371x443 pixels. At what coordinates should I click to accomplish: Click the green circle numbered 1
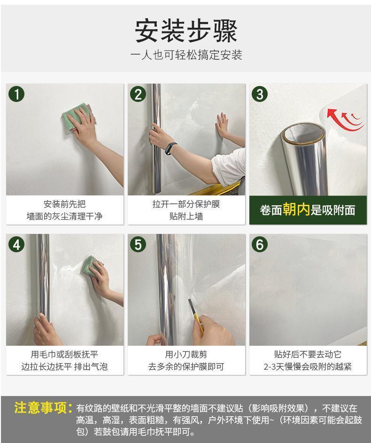pyautogui.click(x=16, y=94)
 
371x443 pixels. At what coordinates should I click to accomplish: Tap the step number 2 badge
pyautogui.click(x=138, y=94)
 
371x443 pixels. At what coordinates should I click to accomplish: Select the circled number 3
pyautogui.click(x=260, y=94)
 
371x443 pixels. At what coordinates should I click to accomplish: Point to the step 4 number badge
pyautogui.click(x=16, y=244)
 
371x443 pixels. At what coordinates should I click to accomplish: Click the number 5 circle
pyautogui.click(x=138, y=244)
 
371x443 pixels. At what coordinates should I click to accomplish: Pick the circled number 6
pyautogui.click(x=260, y=244)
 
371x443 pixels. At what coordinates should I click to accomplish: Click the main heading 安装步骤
pyautogui.click(x=186, y=31)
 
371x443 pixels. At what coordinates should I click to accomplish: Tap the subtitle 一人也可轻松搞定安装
pyautogui.click(x=186, y=55)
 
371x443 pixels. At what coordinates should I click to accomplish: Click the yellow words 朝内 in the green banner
pyautogui.click(x=296, y=210)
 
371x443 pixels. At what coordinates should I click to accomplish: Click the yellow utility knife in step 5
pyautogui.click(x=196, y=317)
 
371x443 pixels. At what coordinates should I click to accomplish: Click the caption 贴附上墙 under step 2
pyautogui.click(x=186, y=217)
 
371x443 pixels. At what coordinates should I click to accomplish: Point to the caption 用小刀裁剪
pyautogui.click(x=186, y=354)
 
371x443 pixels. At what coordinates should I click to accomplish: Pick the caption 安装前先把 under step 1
pyautogui.click(x=65, y=204)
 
